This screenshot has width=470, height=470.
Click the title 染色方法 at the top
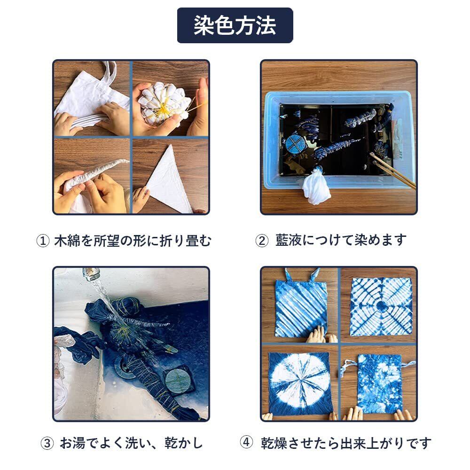[235, 25]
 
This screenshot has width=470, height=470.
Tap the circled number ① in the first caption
[43, 241]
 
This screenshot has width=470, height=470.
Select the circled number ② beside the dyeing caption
[262, 241]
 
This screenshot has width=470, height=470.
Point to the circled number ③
[47, 443]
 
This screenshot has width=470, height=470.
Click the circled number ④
[246, 442]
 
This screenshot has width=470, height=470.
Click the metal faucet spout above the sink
[90, 274]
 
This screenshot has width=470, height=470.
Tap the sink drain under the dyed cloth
[125, 366]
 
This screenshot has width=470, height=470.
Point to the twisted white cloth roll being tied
[96, 174]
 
